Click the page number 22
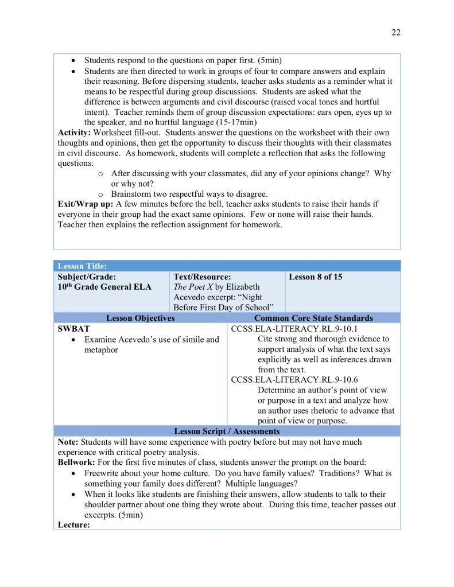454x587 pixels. pos(396,32)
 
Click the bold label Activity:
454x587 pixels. pos(75,133)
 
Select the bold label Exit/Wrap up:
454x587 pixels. pos(86,204)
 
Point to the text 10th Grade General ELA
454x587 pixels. pos(104,287)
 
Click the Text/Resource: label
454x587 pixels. pos(202,277)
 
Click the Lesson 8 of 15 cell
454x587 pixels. pos(315,277)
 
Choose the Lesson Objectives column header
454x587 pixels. pos(141,318)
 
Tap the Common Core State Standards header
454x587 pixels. pos(313,318)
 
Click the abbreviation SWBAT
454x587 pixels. pos(73,329)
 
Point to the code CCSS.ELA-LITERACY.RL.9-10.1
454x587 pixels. pos(294,329)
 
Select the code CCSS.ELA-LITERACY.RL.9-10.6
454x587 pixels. pos(294,380)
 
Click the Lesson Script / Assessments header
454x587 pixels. pos(227,431)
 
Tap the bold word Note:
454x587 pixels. pos(68,442)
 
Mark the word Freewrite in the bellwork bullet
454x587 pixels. pos(105,473)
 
